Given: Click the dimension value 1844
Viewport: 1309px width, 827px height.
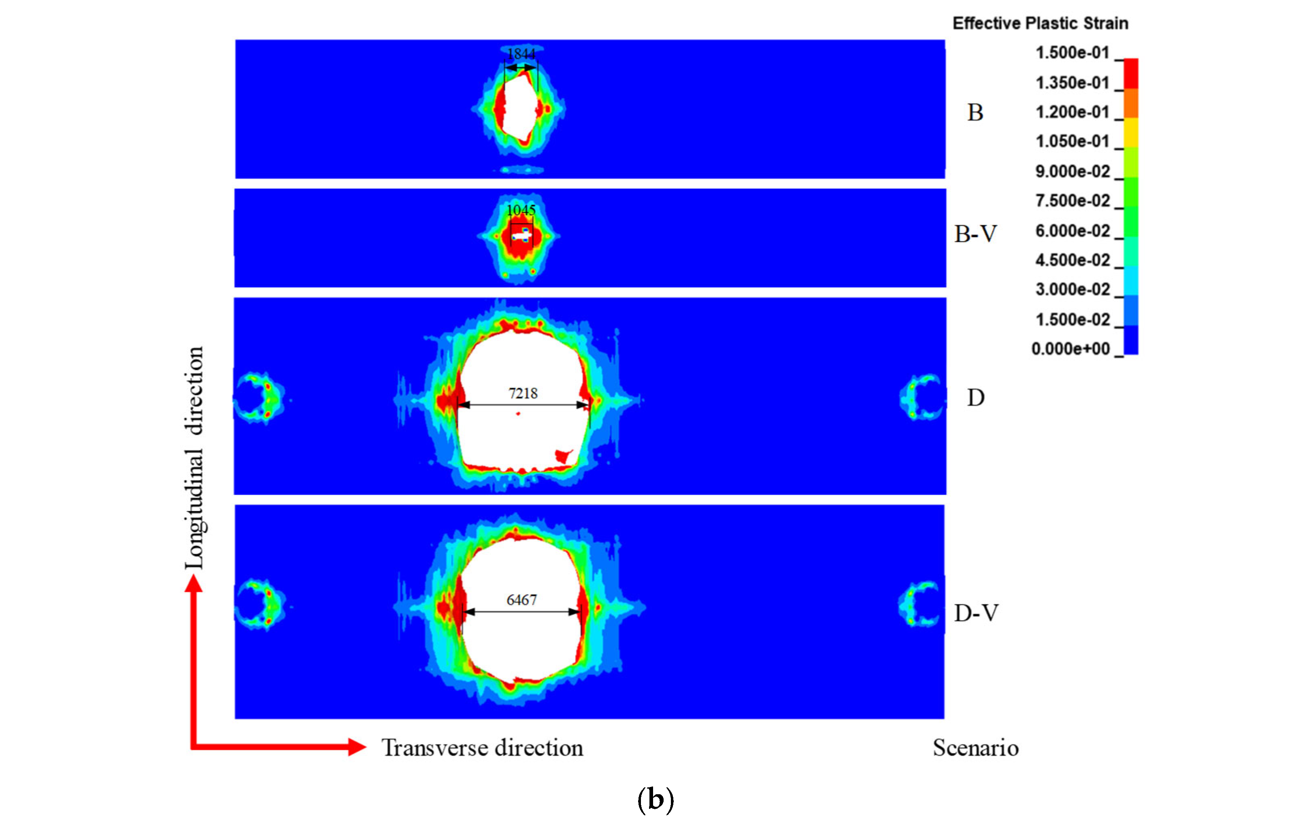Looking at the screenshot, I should (521, 54).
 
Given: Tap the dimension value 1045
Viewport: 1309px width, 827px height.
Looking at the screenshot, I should (521, 210).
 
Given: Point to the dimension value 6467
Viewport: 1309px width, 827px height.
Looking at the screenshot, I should (522, 600).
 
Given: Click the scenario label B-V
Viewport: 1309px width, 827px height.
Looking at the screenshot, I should (976, 234).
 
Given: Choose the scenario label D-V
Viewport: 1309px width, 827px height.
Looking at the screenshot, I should (976, 613).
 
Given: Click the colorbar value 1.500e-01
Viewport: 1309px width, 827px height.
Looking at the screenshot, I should (1072, 53).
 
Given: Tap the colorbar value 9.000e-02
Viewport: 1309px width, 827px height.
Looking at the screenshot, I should (1072, 171).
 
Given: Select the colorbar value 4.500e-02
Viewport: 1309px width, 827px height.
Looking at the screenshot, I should (1072, 260).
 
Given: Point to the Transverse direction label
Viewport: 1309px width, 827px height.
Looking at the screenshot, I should (482, 748).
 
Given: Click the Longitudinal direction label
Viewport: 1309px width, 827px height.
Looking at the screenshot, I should (194, 458).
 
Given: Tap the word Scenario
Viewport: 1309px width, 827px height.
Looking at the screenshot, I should (976, 748).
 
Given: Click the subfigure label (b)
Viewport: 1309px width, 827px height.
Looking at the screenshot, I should (656, 799).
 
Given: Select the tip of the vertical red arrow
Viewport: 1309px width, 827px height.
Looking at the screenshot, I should (194, 577).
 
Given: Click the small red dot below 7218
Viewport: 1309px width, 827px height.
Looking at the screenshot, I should (518, 413).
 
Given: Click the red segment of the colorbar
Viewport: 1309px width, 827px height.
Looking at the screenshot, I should (1131, 73).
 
